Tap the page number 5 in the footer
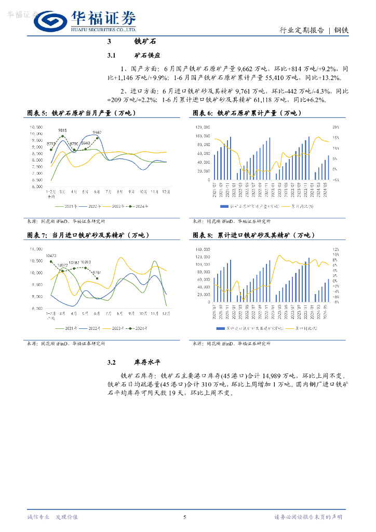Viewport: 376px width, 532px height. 184,516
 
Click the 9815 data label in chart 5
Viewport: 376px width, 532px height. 62,130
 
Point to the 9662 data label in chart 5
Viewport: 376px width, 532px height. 97,132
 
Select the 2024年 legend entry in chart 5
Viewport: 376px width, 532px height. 139,206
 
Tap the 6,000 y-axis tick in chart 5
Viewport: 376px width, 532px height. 36,187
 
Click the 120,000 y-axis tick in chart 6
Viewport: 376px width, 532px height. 202,127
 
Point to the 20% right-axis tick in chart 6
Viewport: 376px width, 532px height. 336,127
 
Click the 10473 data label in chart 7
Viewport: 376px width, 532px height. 51,256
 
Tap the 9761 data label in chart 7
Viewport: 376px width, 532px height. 97,272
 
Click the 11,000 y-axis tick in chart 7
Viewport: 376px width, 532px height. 36,249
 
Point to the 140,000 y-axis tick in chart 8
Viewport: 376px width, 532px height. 202,249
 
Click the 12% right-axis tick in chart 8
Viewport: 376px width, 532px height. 336,249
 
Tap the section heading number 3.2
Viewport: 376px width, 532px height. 114,363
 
